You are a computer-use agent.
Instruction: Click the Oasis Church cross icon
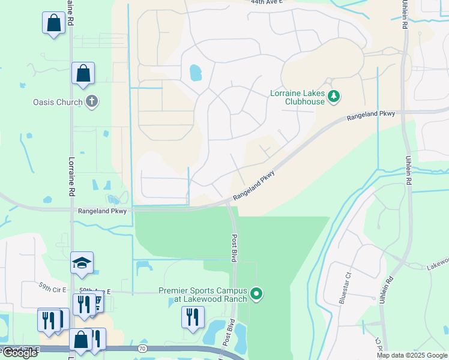coord(91,101)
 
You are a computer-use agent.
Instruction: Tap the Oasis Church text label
coord(58,102)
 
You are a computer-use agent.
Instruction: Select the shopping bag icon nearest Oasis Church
coord(83,74)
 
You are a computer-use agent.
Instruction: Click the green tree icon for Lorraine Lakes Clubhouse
coord(334,96)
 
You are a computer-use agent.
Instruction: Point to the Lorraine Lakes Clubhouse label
coord(304,97)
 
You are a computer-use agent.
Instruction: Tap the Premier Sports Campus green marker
coord(256,294)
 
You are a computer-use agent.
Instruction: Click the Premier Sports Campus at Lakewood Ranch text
coord(203,295)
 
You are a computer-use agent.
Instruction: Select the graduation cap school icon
coord(82,263)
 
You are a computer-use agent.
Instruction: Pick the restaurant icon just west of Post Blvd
coord(193,317)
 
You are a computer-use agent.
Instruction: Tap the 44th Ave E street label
coord(267,3)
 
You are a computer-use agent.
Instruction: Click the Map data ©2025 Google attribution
coord(412,355)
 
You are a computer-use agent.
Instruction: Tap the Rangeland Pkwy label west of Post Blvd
coord(102,211)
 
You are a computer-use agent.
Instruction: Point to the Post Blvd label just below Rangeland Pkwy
coord(235,247)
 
